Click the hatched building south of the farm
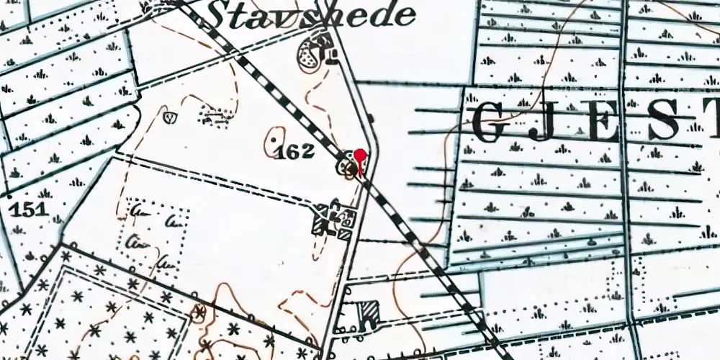tap(369, 313)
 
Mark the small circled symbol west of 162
tap(171, 115)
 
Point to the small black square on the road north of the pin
tap(370, 117)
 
